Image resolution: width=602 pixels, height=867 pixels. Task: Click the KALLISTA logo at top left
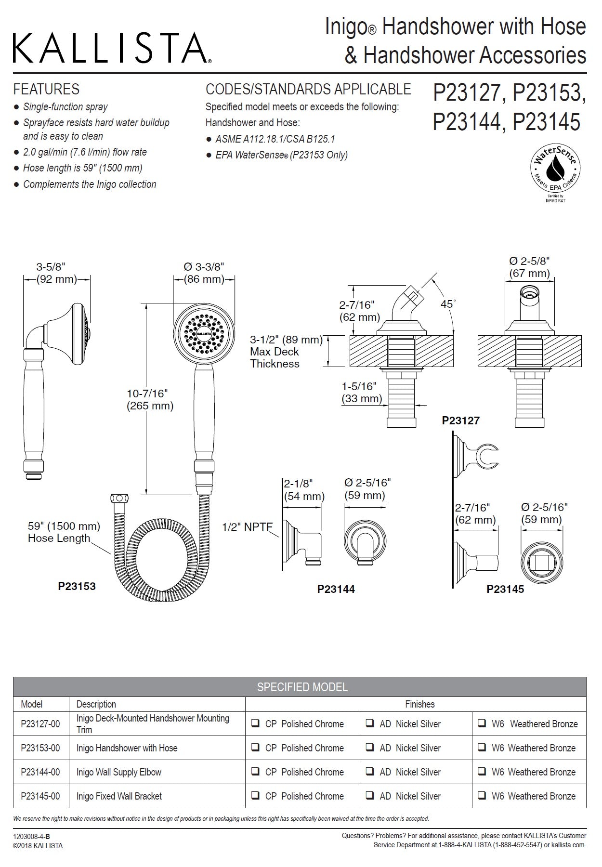pos(111,48)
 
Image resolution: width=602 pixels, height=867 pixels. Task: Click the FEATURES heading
pos(46,89)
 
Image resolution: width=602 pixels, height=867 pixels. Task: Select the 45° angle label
pos(448,304)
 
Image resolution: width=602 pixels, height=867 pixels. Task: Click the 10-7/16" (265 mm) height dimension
pos(150,399)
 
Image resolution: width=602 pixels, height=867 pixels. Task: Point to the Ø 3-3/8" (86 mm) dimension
pos(204,273)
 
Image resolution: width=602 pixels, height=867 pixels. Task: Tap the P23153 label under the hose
pos(77,586)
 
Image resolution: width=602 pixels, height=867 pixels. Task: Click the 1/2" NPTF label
pos(247,527)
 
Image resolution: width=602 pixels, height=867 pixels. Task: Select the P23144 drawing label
pos(336,589)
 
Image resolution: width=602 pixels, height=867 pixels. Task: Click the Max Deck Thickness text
pos(275,357)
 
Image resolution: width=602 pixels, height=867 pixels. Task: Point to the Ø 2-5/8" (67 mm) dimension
pos(529,267)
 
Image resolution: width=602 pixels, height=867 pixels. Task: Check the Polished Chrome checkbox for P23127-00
pos(255,723)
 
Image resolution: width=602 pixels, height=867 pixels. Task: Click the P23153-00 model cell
pos(40,748)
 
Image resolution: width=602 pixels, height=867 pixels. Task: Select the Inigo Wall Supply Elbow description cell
pos(118,772)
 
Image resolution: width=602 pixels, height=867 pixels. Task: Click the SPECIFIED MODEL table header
pos(302,686)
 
